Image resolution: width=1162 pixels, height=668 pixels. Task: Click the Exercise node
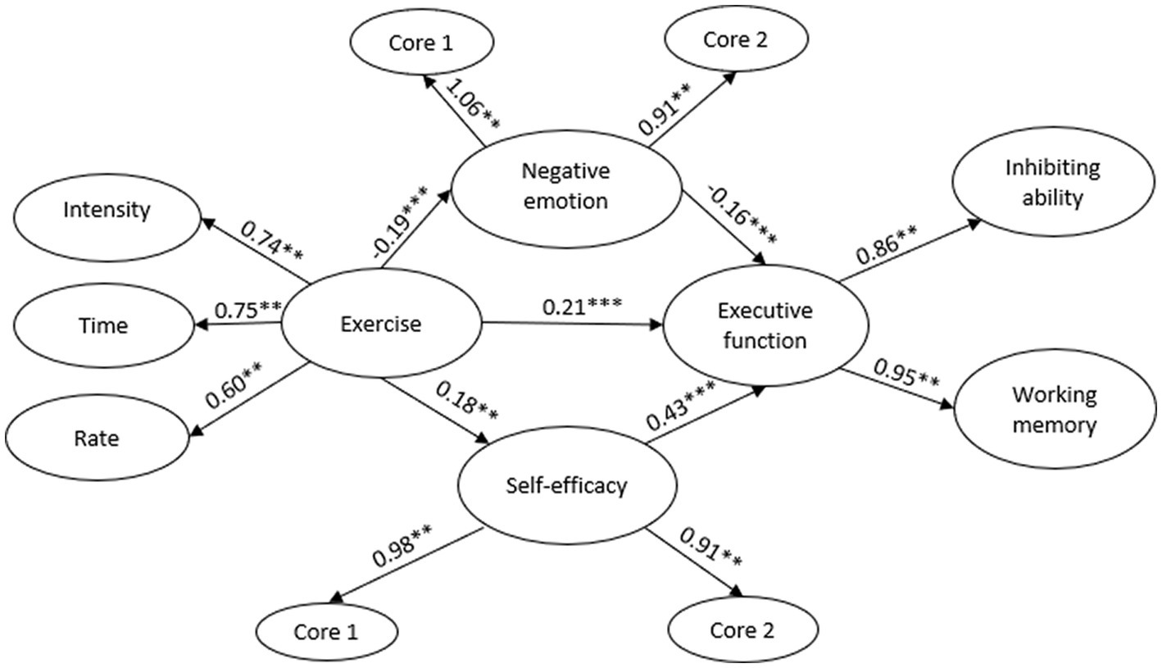(380, 325)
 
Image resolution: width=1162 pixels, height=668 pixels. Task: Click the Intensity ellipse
(107, 210)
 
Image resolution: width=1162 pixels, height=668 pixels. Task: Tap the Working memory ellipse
(1054, 410)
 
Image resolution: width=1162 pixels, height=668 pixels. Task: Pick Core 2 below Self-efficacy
(743, 631)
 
